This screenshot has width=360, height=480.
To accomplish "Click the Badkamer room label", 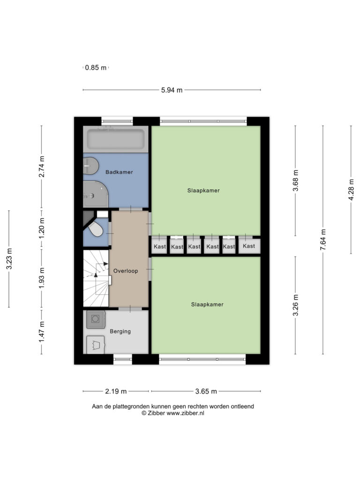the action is [119, 172].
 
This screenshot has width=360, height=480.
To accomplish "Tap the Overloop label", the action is [126, 271].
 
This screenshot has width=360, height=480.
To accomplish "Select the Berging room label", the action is [120, 331].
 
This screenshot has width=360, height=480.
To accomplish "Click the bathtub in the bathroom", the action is [116, 139].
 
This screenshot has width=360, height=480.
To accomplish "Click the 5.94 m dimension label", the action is [172, 90].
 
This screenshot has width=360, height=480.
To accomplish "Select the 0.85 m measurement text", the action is [96, 67].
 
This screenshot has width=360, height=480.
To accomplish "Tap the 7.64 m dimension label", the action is [323, 240].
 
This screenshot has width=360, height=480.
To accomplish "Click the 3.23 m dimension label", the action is [9, 259].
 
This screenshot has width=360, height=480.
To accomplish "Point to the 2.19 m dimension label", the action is [116, 391].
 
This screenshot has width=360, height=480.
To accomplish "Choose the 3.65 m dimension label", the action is [206, 391].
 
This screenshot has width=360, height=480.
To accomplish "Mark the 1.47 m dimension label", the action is [42, 332].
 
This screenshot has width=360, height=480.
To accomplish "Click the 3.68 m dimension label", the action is [295, 180].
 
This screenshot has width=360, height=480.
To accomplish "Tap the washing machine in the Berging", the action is [96, 319].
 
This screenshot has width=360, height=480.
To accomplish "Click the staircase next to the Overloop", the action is [96, 278].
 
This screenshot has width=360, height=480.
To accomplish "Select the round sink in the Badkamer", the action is [90, 165].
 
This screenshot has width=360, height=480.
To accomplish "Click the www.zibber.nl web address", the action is [185, 413].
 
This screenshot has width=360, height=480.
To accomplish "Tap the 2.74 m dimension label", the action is [42, 166].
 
